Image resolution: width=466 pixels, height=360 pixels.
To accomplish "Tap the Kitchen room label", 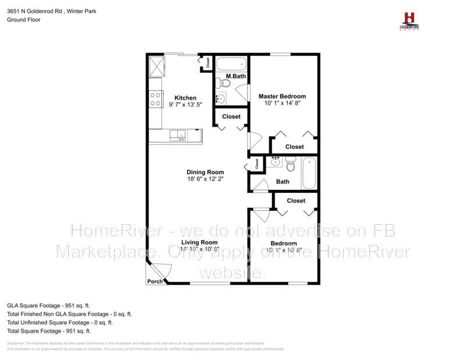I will pos(185,98).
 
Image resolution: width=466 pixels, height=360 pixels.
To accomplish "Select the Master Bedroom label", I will pos(282,96).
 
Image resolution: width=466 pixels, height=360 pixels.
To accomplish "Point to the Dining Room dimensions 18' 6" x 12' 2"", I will pos(205,179).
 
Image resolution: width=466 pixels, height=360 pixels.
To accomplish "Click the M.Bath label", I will pos(235,77).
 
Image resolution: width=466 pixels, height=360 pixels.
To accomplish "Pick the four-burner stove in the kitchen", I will pos(156,100).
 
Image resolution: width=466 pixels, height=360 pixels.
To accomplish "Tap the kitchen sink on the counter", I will pos(178,136).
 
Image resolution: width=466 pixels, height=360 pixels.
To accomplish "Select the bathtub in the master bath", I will pos(231,63).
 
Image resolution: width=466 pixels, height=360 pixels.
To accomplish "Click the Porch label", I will pos(154,281).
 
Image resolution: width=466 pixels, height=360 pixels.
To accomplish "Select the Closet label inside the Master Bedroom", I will pos(294,147).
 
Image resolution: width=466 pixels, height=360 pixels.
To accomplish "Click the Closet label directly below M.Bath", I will pos(231,117).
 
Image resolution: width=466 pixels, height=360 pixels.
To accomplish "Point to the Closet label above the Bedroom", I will pos(296,200).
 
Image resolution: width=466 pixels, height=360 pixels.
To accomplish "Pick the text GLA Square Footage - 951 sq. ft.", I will pos(48,305).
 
